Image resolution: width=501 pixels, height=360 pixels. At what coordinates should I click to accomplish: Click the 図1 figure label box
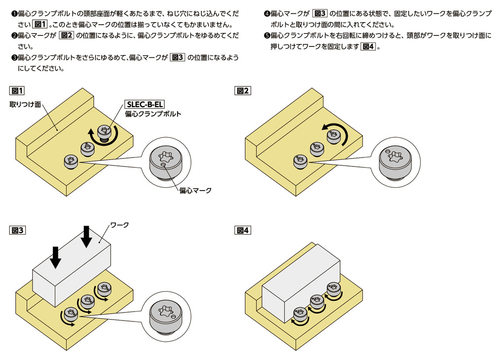17,91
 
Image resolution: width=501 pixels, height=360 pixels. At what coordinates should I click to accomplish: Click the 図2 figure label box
242,91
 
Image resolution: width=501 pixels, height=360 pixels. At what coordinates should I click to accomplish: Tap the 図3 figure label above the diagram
17,230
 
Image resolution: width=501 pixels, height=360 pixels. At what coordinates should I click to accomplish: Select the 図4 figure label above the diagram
242,230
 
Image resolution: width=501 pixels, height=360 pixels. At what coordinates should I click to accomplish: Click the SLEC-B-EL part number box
145,104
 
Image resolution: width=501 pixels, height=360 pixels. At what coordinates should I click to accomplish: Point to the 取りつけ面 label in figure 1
25,105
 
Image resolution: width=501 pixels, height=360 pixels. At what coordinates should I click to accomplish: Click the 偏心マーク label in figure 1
195,191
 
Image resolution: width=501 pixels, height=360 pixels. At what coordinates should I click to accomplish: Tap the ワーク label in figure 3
119,225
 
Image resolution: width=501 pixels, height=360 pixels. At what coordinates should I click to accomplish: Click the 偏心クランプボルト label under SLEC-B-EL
153,114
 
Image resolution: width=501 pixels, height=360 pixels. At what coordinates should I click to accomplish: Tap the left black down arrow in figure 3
56,257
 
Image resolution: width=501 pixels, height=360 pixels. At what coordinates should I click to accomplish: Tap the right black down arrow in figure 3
86,237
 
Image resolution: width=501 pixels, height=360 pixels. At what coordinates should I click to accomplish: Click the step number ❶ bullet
14,14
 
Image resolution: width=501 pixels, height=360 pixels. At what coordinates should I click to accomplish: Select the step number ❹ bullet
267,14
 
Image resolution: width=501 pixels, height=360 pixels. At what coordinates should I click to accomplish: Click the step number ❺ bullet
267,36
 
